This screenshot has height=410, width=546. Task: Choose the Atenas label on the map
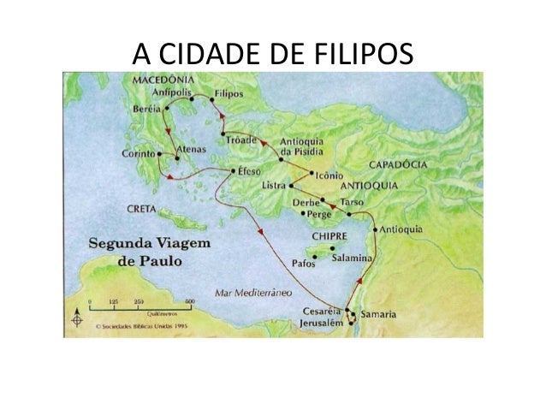click(x=191, y=149)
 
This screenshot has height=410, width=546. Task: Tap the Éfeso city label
click(x=254, y=171)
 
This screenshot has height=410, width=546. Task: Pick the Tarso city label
click(x=353, y=202)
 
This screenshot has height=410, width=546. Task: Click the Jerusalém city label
click(x=321, y=323)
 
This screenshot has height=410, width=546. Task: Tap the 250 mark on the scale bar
click(x=138, y=301)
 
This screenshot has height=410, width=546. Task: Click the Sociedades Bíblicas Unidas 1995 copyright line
click(x=141, y=326)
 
